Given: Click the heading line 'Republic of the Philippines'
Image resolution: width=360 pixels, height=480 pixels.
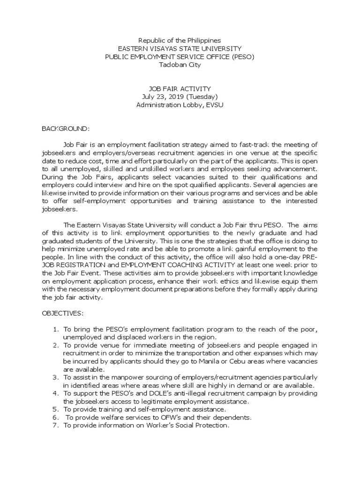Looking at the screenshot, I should [x=180, y=41].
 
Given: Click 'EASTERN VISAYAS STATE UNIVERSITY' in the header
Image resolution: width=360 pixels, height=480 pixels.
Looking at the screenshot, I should [x=180, y=49].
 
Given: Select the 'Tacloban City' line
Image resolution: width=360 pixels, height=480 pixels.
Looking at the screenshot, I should [x=180, y=65].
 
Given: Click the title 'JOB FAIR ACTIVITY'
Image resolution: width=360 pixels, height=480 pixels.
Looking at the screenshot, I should [x=180, y=89].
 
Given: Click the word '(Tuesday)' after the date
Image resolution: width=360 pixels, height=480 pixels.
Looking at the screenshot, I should [x=202, y=97].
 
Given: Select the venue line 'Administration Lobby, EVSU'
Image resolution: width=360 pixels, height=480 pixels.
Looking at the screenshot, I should [x=180, y=105].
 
